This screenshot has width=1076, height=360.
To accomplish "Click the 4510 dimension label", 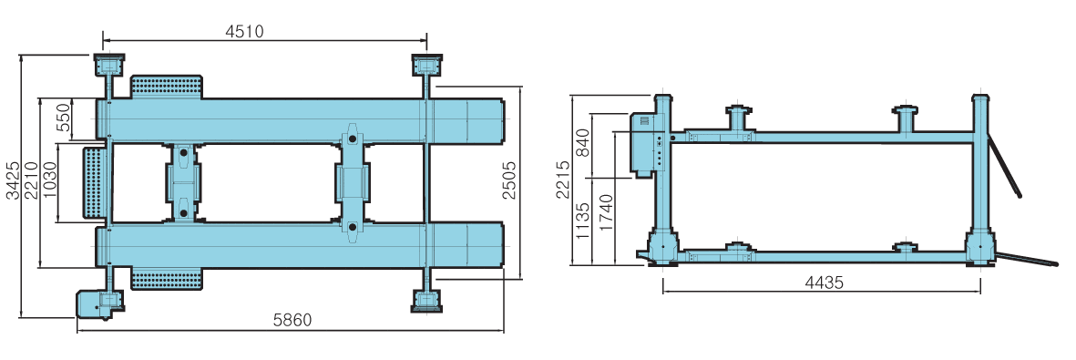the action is click(244, 32).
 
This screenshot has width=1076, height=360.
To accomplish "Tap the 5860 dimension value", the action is click(292, 320).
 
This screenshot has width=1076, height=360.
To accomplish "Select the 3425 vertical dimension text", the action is click(13, 181).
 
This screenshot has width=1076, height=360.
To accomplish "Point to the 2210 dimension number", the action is click(31, 181).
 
